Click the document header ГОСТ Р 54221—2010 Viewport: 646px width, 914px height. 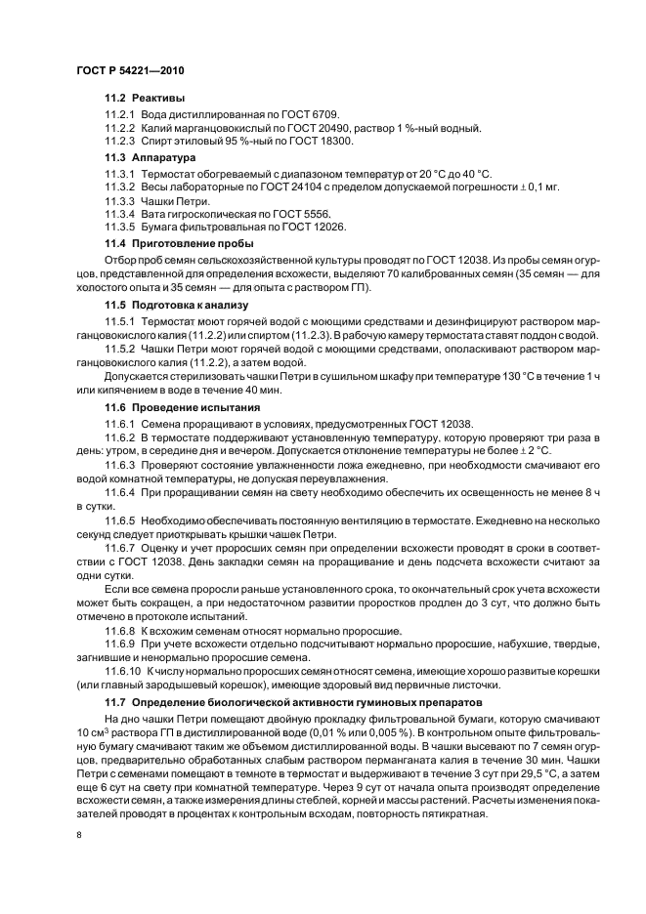(x=129, y=73)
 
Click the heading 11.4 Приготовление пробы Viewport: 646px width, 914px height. (x=179, y=243)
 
